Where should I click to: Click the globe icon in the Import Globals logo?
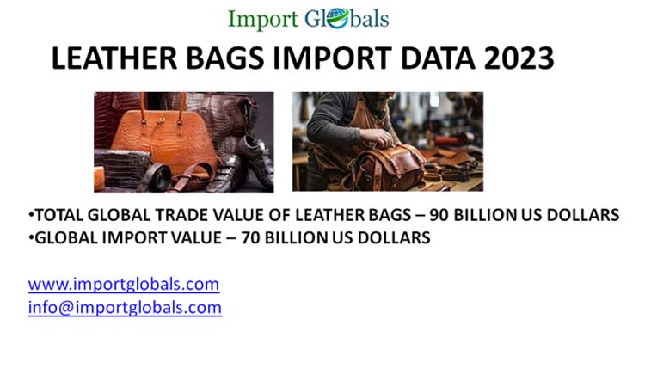click(x=338, y=18)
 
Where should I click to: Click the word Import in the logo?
click(x=263, y=19)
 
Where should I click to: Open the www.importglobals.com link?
click(x=123, y=284)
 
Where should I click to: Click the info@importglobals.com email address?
click(x=125, y=307)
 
